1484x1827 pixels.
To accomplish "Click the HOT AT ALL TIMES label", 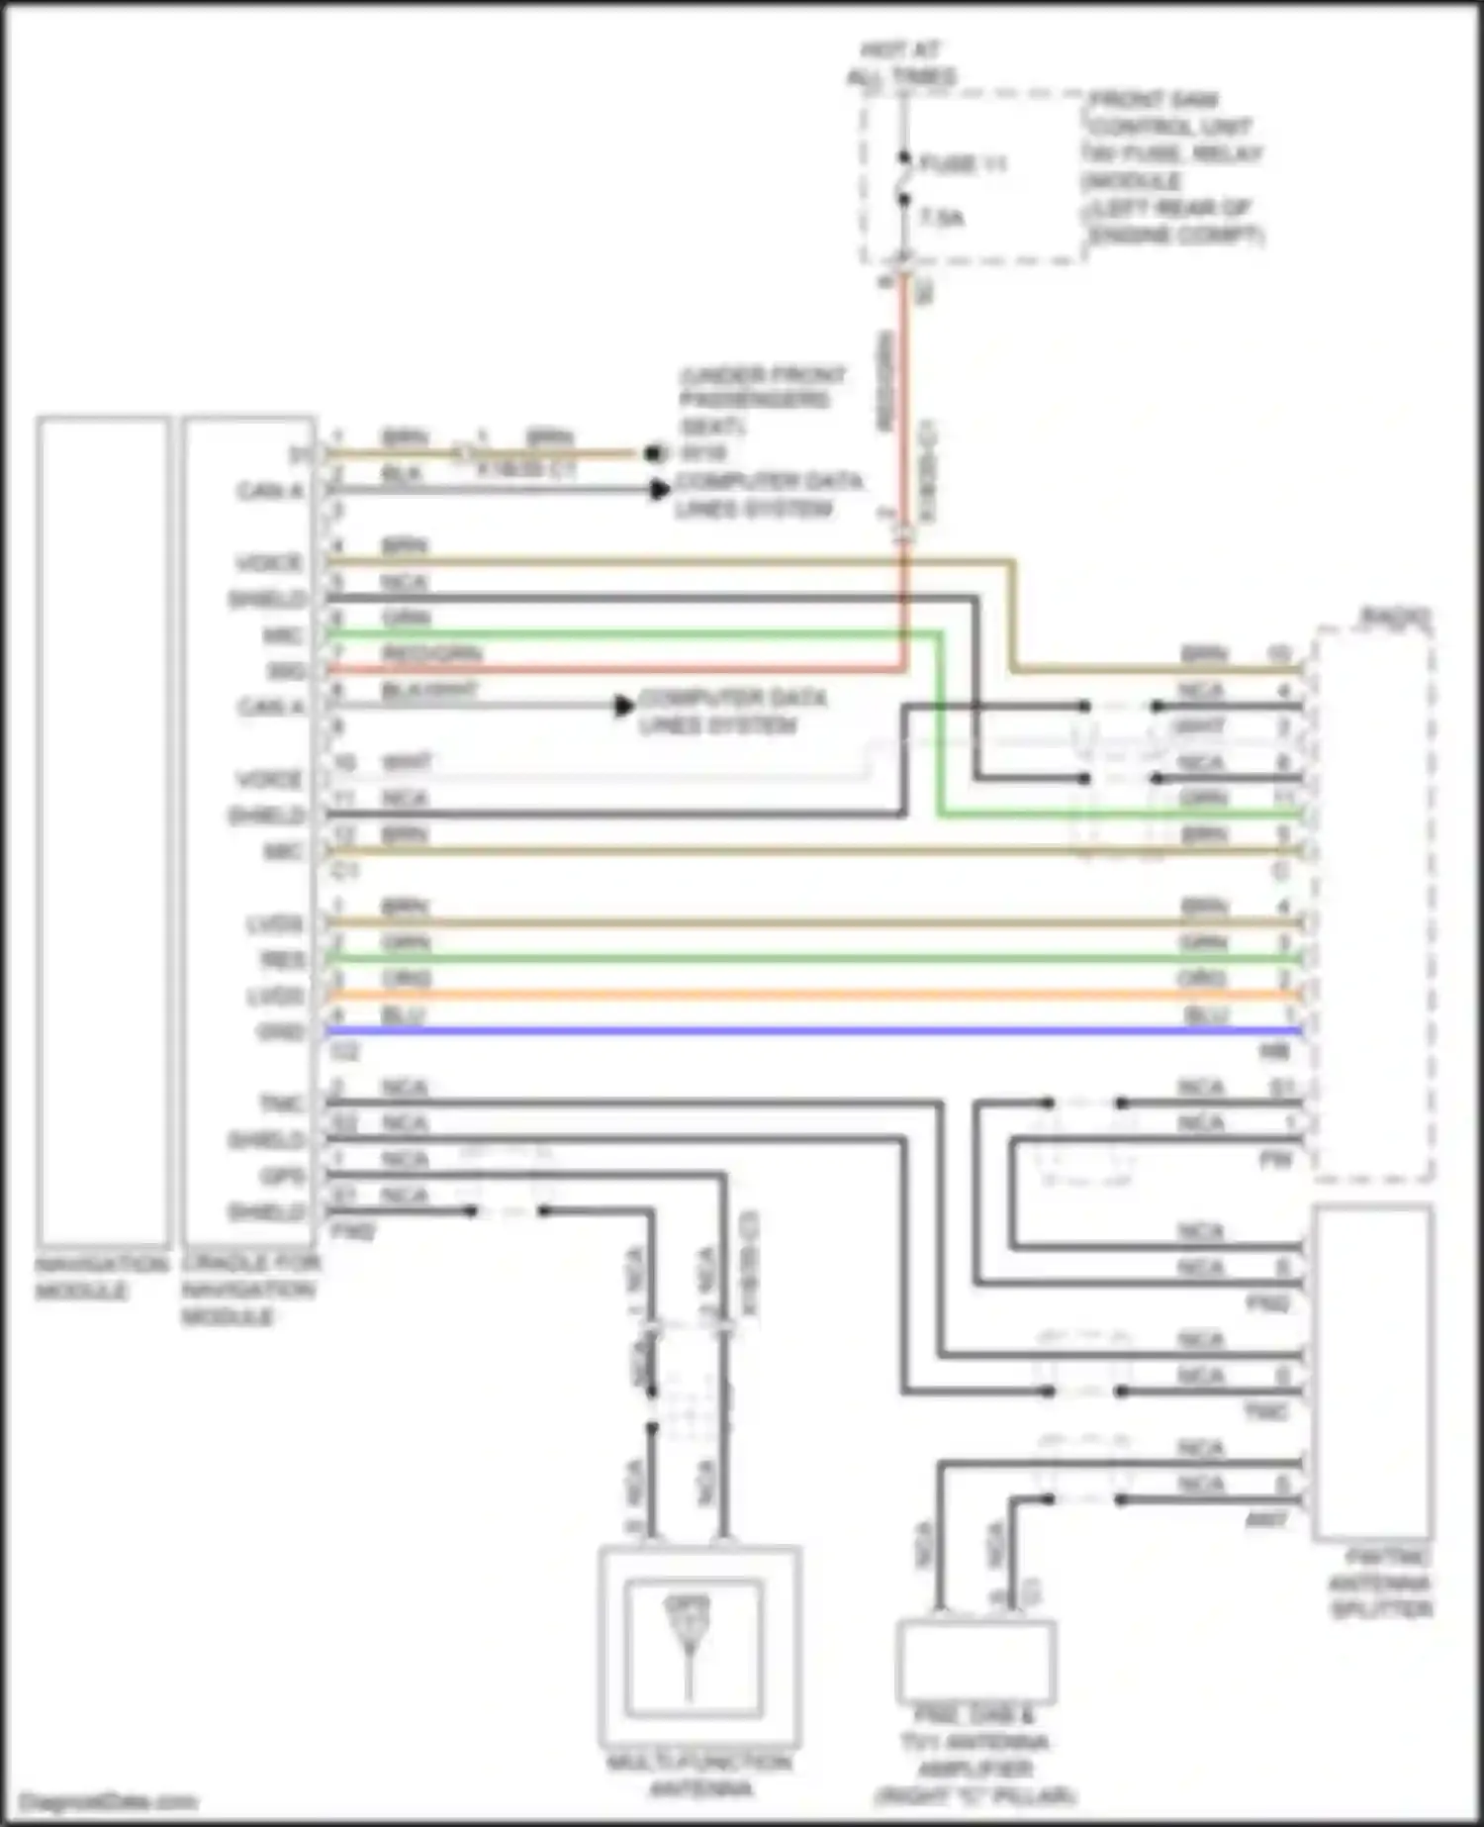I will (901, 62).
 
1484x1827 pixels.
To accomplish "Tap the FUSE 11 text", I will (963, 164).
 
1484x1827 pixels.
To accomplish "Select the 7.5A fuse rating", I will (942, 218).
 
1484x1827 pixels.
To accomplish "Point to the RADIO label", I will (1396, 617).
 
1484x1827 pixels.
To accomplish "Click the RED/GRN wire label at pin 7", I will (431, 654).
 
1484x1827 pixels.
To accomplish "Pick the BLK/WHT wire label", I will (429, 691).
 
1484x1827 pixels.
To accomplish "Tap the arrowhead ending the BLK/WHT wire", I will (624, 706).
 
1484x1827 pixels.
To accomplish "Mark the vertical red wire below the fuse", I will (903, 396).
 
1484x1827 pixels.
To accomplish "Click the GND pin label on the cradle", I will (281, 1032).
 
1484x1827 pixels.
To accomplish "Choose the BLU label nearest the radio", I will (1204, 1016).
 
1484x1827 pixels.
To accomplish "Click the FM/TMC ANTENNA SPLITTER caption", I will (1380, 1584).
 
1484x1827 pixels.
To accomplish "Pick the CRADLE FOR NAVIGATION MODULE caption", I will (250, 1290).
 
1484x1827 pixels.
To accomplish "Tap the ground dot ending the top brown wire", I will (653, 454).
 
